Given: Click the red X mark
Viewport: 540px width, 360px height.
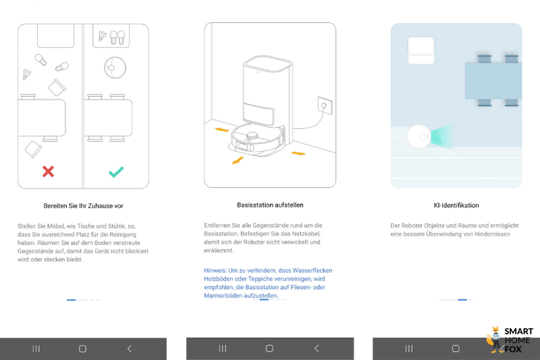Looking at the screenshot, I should [48, 172].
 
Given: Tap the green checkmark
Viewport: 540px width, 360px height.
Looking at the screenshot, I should [116, 172].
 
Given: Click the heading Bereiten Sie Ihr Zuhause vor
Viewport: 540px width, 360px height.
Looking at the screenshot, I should [83, 205].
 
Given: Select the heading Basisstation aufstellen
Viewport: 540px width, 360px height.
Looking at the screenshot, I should [269, 205].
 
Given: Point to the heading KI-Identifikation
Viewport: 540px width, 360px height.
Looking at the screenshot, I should [456, 205].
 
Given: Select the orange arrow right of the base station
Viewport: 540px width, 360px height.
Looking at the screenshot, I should [298, 153].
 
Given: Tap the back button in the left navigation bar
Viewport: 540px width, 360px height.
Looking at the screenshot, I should [130, 349].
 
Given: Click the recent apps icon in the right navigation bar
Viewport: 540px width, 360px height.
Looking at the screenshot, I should [409, 349].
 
